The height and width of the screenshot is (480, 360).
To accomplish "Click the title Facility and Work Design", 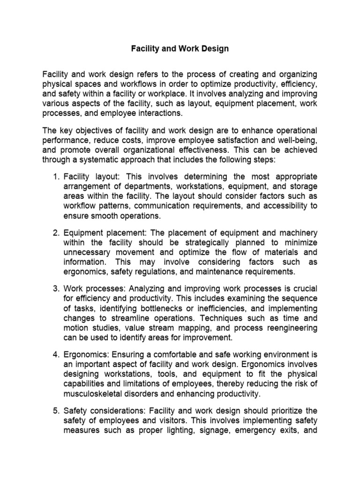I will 180,49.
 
